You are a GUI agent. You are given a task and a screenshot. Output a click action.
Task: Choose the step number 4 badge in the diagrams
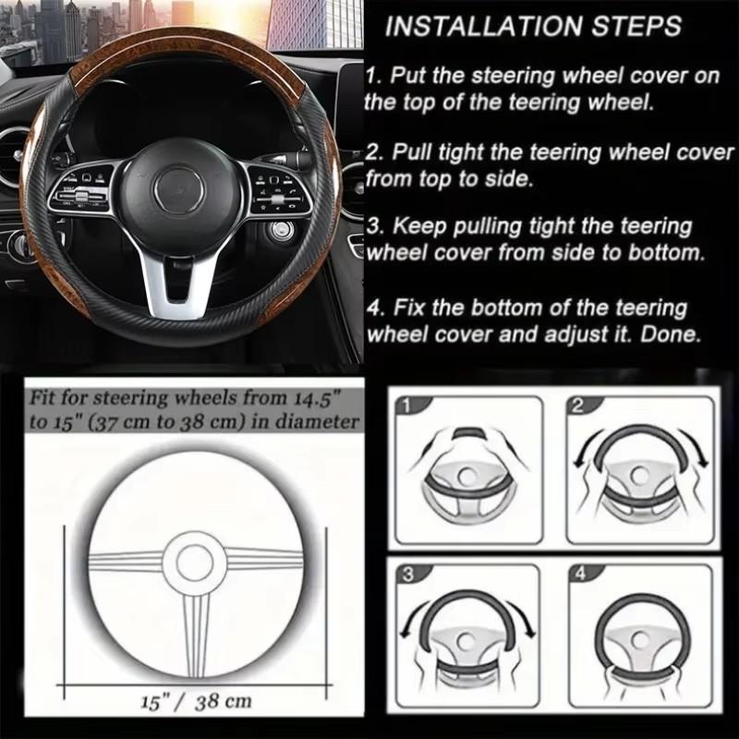[x=580, y=575]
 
